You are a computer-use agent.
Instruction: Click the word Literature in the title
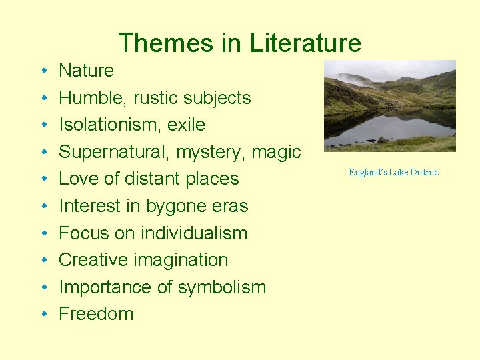point(306,43)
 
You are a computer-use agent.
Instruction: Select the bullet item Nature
point(86,71)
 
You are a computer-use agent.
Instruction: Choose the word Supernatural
point(113,152)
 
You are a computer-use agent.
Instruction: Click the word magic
point(276,152)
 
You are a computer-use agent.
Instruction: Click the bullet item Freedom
point(96,314)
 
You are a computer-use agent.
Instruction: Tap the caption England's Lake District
point(393,173)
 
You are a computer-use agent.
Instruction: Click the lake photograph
point(389,106)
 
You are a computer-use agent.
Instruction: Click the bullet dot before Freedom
point(42,315)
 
